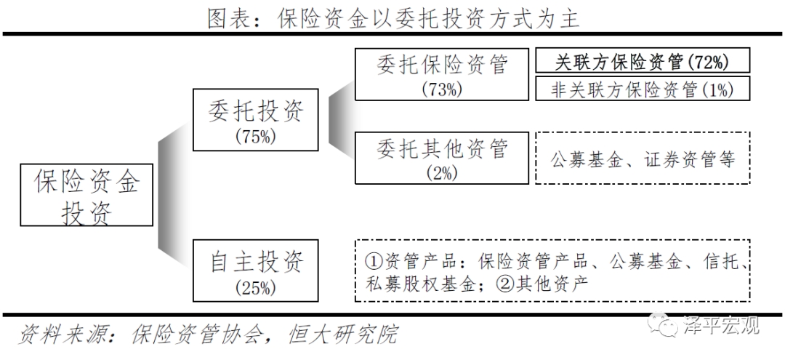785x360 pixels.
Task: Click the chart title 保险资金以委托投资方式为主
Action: tap(429, 18)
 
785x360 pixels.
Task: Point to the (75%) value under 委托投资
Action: tap(255, 137)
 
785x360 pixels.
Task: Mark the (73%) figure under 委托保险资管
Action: tap(442, 89)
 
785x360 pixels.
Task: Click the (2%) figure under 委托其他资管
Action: tap(442, 173)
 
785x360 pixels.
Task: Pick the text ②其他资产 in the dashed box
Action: tap(541, 284)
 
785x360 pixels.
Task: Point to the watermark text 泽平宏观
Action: tap(721, 325)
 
